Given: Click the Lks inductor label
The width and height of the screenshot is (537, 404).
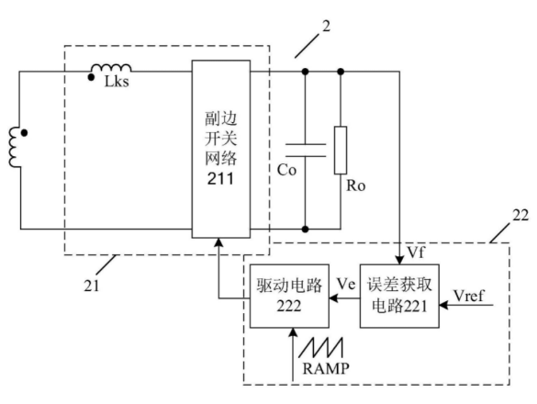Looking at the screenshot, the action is (117, 82).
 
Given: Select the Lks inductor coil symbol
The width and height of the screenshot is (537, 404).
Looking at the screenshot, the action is (111, 67).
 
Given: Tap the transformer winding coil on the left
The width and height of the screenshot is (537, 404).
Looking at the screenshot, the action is (15, 147).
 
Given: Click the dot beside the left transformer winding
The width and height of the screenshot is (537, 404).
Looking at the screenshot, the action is (24, 132).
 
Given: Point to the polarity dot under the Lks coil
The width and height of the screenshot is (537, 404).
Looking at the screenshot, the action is (91, 77).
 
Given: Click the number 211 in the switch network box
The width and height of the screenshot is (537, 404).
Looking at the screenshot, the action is (220, 178).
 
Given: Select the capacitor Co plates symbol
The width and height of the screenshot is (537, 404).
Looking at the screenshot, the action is (306, 150).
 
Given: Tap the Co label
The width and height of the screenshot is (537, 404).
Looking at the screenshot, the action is (286, 170).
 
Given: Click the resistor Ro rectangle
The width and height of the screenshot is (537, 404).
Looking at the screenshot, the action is (341, 150).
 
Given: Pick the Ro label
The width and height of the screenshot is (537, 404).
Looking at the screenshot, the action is (356, 185).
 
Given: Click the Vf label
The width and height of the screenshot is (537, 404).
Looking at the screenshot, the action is (416, 252).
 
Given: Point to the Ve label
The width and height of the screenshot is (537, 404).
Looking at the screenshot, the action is (346, 284).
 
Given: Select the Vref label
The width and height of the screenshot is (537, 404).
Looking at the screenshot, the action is (469, 296).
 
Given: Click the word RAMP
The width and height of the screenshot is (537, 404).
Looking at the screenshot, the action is (326, 368).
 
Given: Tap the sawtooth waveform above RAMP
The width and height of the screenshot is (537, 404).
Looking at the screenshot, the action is (321, 348).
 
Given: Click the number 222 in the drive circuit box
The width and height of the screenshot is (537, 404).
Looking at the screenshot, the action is (289, 306).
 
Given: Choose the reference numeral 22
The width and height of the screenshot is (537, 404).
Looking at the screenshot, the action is (520, 216).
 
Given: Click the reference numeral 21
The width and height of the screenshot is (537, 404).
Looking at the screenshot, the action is (92, 286).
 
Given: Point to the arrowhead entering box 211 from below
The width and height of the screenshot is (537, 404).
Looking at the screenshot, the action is (218, 242).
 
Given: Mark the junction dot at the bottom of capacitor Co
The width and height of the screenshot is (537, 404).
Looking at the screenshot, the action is (306, 229).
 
